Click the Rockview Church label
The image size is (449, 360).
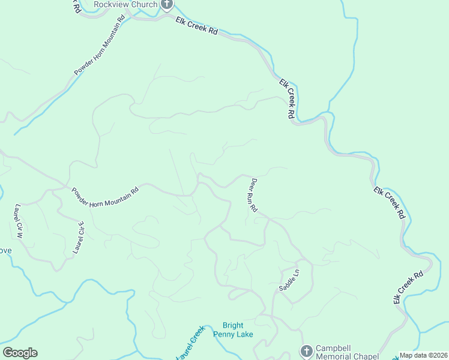[x=125, y=4]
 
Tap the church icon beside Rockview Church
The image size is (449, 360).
[x=167, y=5]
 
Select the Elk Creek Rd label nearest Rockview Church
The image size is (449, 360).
[x=196, y=26]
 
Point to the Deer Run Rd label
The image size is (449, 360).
[x=253, y=196]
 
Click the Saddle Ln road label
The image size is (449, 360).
[x=289, y=280]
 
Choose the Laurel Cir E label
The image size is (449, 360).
[x=79, y=238]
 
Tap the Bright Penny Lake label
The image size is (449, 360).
[x=238, y=329]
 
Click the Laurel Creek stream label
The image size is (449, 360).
[x=190, y=343]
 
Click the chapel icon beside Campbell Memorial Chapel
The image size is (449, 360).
[x=306, y=350]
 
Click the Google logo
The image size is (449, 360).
[x=20, y=353]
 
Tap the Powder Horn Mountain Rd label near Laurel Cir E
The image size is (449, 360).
[x=105, y=197]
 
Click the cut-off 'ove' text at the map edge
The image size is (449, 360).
[x=5, y=250]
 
